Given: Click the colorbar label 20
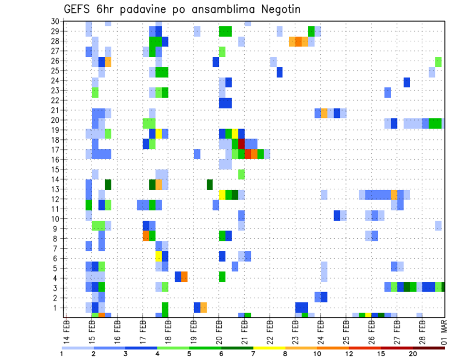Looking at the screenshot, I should click(x=413, y=353).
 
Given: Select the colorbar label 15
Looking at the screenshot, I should click(x=381, y=353).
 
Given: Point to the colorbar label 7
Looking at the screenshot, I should click(x=253, y=353).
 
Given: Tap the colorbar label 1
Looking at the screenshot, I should click(x=62, y=353).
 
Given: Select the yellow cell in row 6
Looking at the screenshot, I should click(x=159, y=256).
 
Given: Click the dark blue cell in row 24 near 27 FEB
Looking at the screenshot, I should click(x=407, y=82).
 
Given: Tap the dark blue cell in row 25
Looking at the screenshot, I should click(x=280, y=72).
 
